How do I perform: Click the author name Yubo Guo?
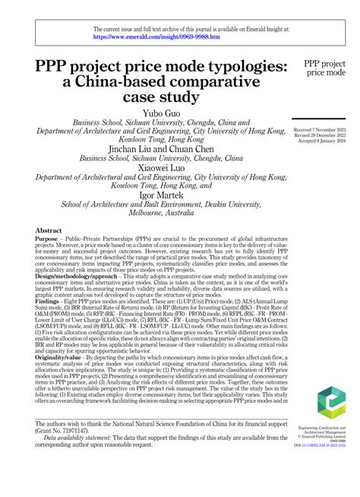pos(163,112)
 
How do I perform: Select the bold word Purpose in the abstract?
pos(49,239)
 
